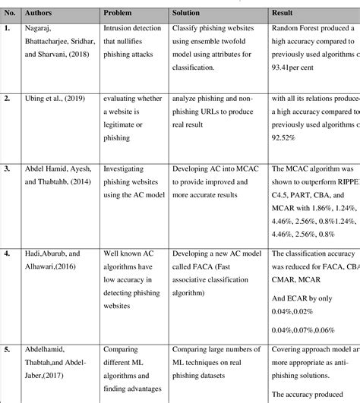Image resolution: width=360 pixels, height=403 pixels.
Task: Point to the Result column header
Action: (x=285, y=14)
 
